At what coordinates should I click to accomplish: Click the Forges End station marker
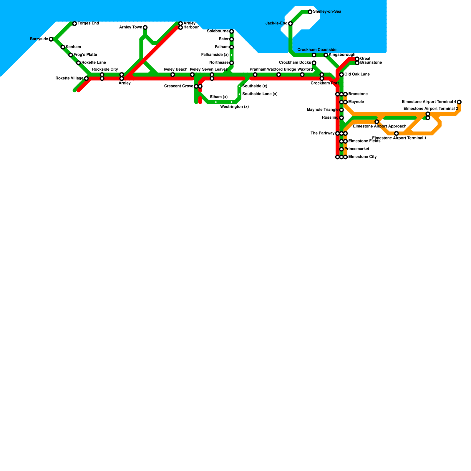tap(74, 24)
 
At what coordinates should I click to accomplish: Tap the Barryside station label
tap(39, 39)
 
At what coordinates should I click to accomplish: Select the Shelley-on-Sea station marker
tap(310, 12)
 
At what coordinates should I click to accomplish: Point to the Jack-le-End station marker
tap(291, 24)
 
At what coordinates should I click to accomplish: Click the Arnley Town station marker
tap(145, 27)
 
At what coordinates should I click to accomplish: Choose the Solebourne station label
tap(218, 31)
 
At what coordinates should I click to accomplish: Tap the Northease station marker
tap(232, 63)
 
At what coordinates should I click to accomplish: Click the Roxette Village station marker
tap(86, 79)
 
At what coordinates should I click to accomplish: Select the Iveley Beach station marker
tap(173, 74)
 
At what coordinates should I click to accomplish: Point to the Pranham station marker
tap(255, 74)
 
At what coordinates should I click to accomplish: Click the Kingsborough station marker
tap(326, 55)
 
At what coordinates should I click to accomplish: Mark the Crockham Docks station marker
tap(314, 63)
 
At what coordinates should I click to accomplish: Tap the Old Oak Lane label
tap(357, 74)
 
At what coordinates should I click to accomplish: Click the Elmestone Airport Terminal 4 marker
tap(459, 102)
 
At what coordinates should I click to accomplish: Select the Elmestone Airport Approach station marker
tap(377, 122)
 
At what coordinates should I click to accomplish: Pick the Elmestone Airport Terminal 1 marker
tap(397, 133)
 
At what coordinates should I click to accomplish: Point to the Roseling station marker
tap(341, 118)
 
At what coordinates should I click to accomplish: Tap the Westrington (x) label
tap(234, 107)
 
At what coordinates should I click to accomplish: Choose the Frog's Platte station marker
tap(71, 55)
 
